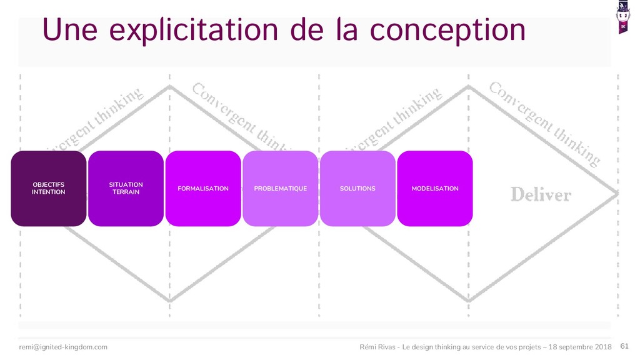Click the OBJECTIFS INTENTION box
click(x=48, y=188)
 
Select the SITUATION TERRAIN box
click(x=126, y=188)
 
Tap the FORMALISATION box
click(x=203, y=188)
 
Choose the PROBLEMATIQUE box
click(x=280, y=188)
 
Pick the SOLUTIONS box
click(x=357, y=188)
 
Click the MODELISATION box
click(x=435, y=188)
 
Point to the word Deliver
click(x=541, y=194)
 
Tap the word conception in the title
click(x=447, y=29)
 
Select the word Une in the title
click(x=69, y=29)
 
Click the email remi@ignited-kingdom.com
click(x=63, y=347)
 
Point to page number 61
click(x=624, y=346)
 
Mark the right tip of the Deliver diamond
click(x=617, y=194)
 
